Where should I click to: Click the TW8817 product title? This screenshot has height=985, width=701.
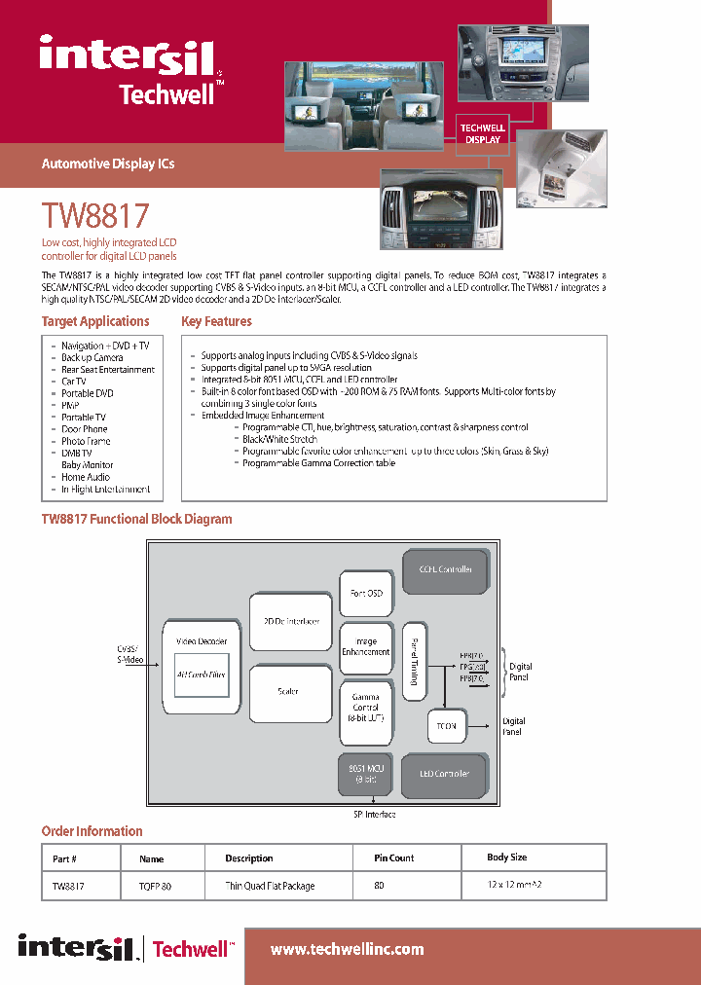95,215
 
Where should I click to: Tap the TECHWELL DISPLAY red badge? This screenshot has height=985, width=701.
482,134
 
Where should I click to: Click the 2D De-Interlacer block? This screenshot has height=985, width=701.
291,621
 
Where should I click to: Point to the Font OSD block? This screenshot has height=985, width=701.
366,593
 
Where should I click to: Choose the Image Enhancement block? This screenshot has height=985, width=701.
366,647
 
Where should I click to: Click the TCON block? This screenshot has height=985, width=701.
447,726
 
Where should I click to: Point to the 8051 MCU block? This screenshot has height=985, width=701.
366,774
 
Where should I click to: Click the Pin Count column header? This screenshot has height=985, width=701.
394,858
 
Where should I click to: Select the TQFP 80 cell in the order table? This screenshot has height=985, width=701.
155,887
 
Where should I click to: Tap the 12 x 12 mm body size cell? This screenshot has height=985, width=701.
514,886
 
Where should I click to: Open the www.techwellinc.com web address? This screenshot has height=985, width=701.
347,949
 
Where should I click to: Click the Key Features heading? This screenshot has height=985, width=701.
216,322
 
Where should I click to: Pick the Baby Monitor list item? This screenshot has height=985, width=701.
88,465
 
